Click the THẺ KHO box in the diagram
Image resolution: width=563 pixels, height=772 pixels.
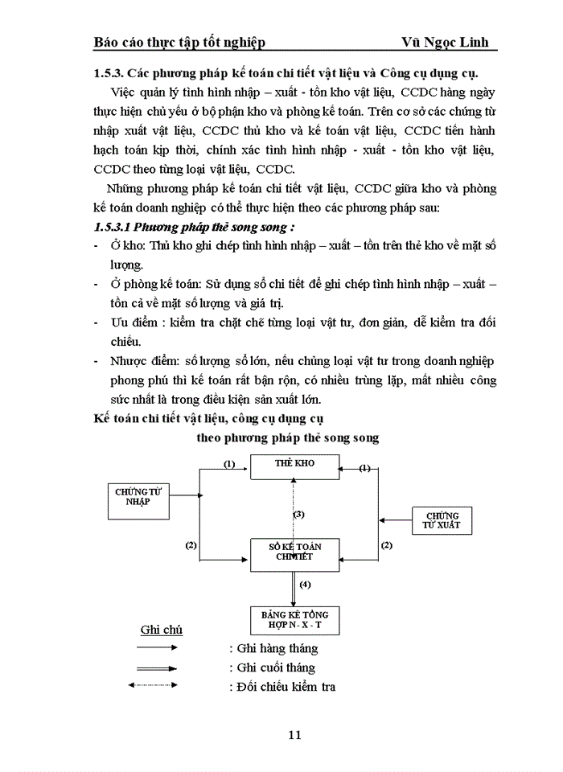(294, 466)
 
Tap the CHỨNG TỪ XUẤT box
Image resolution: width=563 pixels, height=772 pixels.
(442, 520)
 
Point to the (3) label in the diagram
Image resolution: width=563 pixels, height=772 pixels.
(299, 513)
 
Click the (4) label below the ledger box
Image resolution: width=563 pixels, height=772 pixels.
(305, 585)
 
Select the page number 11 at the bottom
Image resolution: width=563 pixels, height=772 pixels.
(294, 734)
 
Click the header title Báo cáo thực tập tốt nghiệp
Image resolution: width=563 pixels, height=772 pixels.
(179, 42)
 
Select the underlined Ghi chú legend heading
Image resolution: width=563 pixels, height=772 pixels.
(162, 630)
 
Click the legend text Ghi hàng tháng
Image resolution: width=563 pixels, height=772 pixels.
(273, 648)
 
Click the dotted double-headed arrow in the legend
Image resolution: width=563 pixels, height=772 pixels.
(158, 686)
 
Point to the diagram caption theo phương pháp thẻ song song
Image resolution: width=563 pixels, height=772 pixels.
(288, 438)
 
